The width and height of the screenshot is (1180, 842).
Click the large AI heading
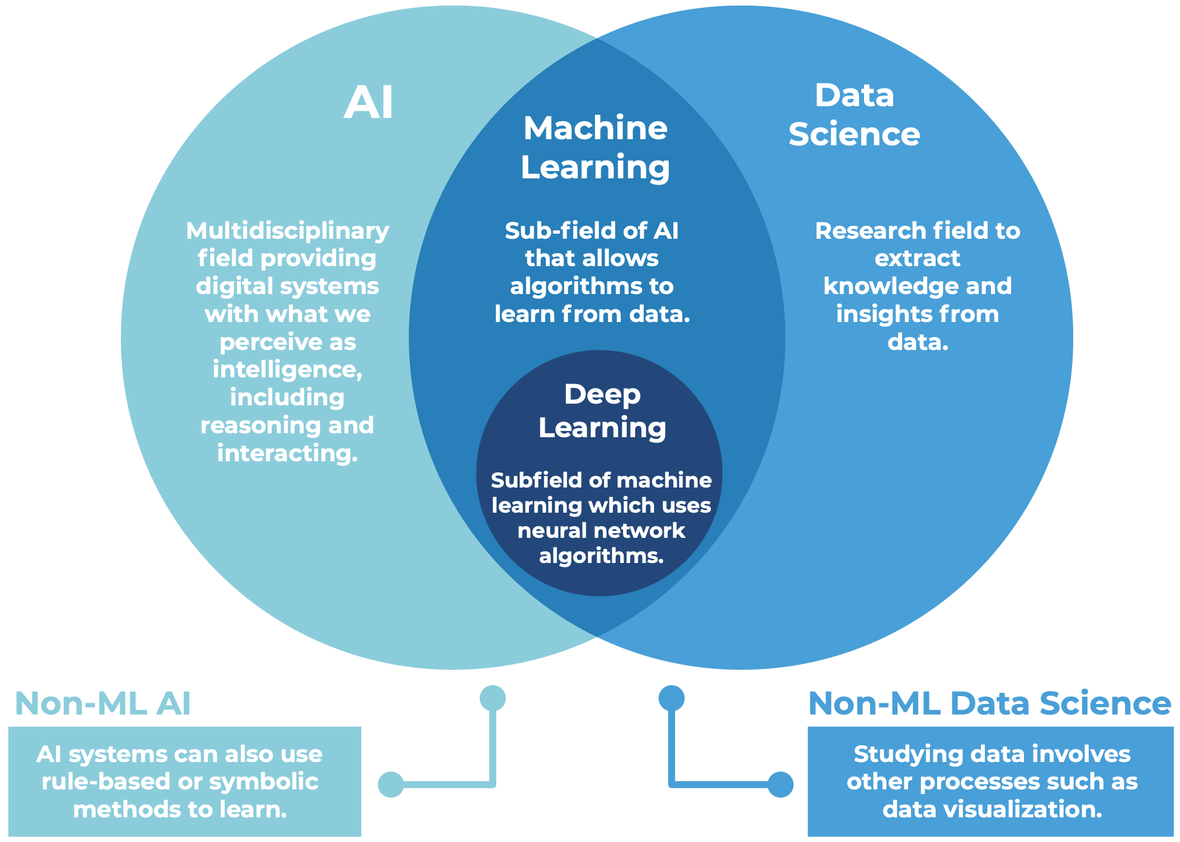pos(368,103)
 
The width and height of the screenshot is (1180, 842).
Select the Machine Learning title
pos(595,148)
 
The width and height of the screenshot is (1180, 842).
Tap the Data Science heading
pos(854,115)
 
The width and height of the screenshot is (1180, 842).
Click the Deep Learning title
pos(602,411)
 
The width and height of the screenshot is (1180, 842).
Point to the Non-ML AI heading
pos(103,703)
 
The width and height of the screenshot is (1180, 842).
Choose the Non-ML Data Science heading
pos(989,703)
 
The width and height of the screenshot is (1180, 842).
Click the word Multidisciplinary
pos(287,231)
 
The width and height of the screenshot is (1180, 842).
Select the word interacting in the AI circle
pos(287,453)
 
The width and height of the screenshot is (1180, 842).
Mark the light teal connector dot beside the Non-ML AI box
pos(391,784)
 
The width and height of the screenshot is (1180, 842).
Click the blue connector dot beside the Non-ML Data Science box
pos(780,784)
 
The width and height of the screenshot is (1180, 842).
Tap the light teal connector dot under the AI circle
pos(493,698)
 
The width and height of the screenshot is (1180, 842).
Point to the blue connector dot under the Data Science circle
pos(672,698)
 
